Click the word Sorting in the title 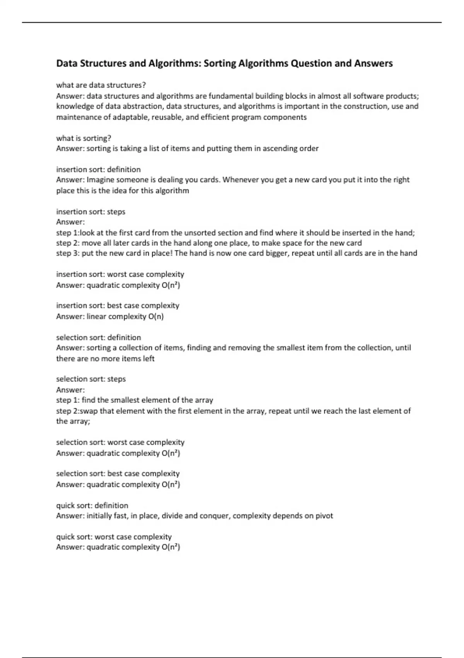tap(219, 63)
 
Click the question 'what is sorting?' tap(84, 138)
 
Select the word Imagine tap(100, 180)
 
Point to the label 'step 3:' tap(68, 254)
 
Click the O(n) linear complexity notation tap(156, 317)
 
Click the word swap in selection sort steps tap(89, 411)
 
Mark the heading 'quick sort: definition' tap(92, 505)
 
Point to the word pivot tap(324, 516)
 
